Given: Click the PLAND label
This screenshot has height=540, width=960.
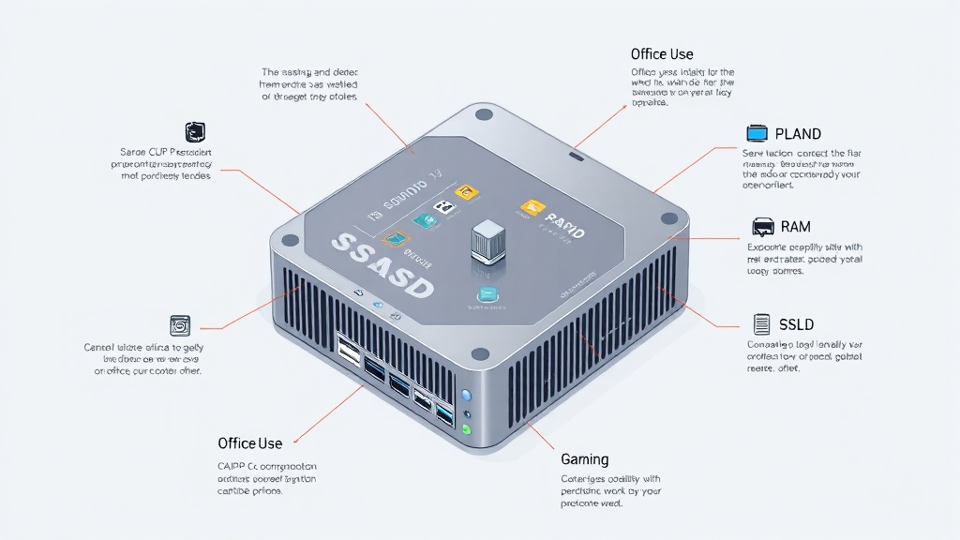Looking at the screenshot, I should [798, 134].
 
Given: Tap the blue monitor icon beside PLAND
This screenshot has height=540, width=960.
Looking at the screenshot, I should [757, 133].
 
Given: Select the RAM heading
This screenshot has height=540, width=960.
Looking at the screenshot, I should [795, 227].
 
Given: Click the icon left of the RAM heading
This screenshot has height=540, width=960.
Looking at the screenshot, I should [763, 227].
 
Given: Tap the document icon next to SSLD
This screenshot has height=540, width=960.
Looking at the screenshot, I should [761, 325].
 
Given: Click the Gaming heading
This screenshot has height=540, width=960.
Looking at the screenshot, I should [584, 459].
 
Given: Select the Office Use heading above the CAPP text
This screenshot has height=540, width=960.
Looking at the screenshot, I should [249, 442].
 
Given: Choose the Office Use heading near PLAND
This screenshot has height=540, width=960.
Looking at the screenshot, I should [662, 54].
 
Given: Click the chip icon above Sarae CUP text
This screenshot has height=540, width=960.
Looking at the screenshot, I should [196, 131].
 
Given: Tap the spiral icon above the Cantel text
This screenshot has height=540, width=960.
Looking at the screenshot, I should [179, 325].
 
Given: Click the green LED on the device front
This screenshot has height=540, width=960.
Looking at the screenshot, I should [466, 430].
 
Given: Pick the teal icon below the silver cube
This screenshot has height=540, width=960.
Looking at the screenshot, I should [487, 293].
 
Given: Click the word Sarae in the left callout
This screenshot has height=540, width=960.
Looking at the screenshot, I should [133, 152].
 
